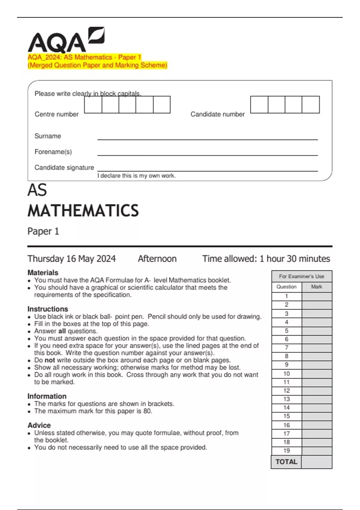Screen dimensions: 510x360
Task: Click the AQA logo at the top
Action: (x=66, y=40)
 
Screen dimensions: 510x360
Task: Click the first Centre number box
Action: (x=93, y=105)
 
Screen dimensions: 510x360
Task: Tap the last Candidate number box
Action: (x=310, y=105)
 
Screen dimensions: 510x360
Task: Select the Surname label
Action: (x=48, y=136)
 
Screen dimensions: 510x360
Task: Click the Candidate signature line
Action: (x=207, y=171)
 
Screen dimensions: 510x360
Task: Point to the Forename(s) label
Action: (x=53, y=152)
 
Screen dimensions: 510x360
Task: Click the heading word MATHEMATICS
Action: (x=83, y=211)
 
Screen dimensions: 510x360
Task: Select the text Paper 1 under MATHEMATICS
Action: (x=43, y=231)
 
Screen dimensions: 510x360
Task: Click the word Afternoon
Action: (x=157, y=259)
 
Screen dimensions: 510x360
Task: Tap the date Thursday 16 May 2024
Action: (x=71, y=259)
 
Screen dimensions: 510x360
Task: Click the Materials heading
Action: (x=43, y=273)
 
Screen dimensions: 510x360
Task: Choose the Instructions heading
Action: (x=48, y=309)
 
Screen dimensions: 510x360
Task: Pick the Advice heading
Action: (x=39, y=425)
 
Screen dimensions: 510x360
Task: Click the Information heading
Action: (x=47, y=396)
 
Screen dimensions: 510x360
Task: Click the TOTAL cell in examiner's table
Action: (x=286, y=462)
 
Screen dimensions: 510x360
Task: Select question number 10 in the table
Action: (x=286, y=374)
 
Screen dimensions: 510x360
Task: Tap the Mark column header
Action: (x=316, y=287)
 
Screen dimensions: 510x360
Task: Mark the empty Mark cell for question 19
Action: (x=316, y=451)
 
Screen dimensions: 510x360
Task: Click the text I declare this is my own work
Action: (x=136, y=176)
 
